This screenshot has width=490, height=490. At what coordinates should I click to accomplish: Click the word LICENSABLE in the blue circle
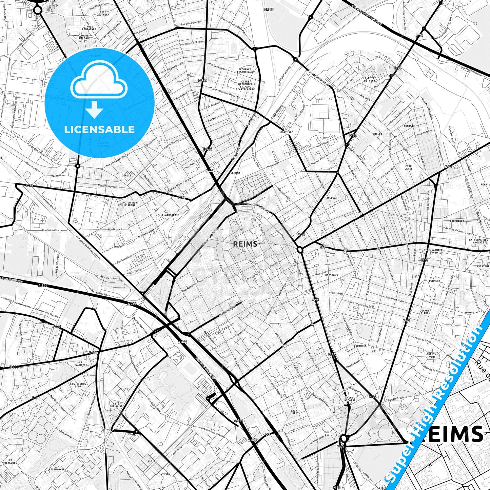[x=99, y=130]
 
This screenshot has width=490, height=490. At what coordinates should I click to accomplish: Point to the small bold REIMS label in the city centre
[x=245, y=244]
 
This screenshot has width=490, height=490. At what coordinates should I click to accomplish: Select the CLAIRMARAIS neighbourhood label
[x=171, y=215]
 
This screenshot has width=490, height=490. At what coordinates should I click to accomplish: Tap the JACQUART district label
[x=332, y=198]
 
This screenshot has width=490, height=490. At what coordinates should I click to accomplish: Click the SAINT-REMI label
[x=295, y=412]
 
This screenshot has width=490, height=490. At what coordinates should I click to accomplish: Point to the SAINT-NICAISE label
[x=350, y=399]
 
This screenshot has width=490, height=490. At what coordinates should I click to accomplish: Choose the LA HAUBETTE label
[x=81, y=364]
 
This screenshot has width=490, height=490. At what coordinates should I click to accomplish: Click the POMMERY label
[x=434, y=281]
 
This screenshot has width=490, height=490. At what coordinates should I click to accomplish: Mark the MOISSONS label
[x=331, y=275]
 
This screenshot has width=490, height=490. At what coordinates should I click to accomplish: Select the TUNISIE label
[x=409, y=126]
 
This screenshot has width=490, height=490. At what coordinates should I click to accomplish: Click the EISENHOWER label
[x=57, y=470]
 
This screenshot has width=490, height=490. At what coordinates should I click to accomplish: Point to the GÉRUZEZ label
[x=127, y=175]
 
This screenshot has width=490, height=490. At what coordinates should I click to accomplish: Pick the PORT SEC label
[x=287, y=132]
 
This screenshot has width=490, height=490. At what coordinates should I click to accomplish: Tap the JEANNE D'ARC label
[x=424, y=312]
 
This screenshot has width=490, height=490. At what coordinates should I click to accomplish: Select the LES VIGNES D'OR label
[x=78, y=385]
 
